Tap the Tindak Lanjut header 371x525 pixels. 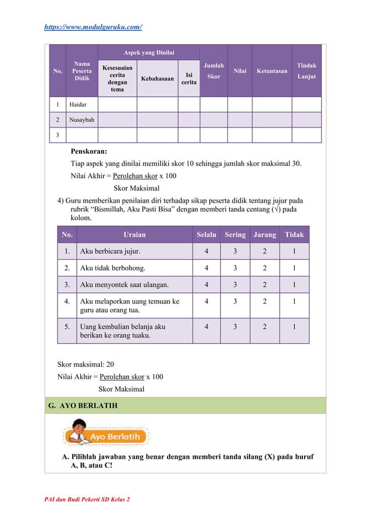coord(307,71)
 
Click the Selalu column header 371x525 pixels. coord(206,235)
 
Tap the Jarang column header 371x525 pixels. coord(265,235)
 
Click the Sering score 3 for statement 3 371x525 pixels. coord(235,285)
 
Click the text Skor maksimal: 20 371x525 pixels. coord(85,364)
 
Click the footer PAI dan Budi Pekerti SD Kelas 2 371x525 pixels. coord(87,501)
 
